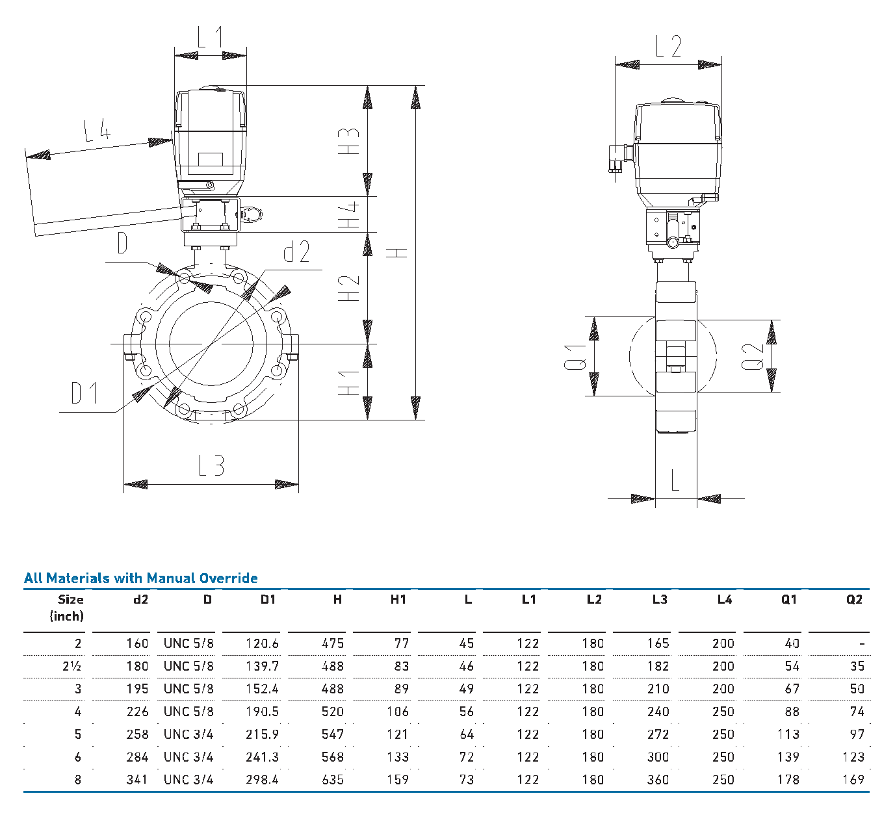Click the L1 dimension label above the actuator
click(x=210, y=37)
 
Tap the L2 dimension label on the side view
click(x=668, y=46)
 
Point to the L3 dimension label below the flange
click(x=211, y=465)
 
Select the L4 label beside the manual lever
click(x=97, y=131)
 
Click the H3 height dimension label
click(x=349, y=140)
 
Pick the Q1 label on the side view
click(x=575, y=357)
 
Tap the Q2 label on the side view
click(x=753, y=356)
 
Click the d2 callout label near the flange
click(x=296, y=251)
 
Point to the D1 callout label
click(x=84, y=393)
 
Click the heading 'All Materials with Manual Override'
click(x=141, y=578)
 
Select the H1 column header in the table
click(x=398, y=599)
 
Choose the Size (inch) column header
click(x=68, y=608)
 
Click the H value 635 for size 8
click(x=332, y=779)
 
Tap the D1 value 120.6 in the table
click(x=262, y=643)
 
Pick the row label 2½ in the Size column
click(x=72, y=666)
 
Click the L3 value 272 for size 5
click(x=658, y=734)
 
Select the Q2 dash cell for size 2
click(x=861, y=643)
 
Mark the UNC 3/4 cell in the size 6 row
click(x=188, y=757)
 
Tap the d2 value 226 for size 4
click(x=137, y=712)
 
